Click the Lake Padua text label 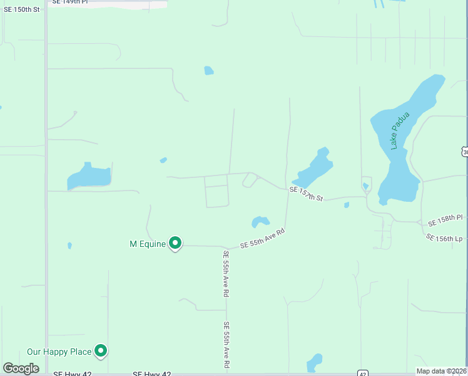coord(399,130)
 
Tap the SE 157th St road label coord(306,194)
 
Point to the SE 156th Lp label coord(444,238)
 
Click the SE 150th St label coord(21,10)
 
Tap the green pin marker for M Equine coord(175,243)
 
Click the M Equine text coord(147,243)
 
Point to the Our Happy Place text coord(59,352)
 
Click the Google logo coord(21,368)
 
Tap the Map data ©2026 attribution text coord(441,371)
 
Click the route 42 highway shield coord(362,373)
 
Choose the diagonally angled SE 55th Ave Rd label coord(263,239)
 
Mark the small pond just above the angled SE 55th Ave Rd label coord(260,222)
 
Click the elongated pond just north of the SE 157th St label coord(312,169)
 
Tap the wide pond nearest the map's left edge coord(88,177)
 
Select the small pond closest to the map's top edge coord(209,71)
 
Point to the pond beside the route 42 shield coord(314,363)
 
